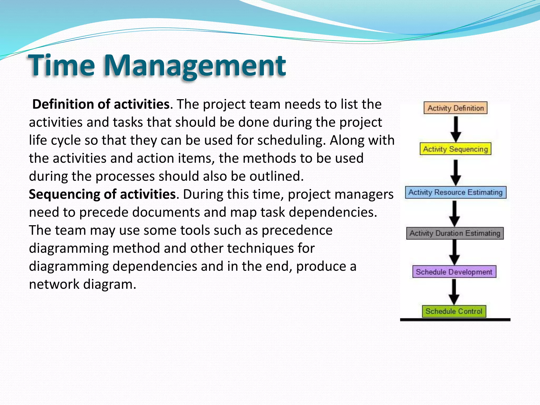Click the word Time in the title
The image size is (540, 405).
click(61, 65)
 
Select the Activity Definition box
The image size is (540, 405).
click(455, 108)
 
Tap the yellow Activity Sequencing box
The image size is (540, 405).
click(455, 149)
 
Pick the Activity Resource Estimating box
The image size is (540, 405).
click(455, 192)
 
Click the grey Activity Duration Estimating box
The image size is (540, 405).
click(455, 233)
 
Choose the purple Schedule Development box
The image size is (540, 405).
click(454, 272)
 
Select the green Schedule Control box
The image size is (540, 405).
click(454, 311)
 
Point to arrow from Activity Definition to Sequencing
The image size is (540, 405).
click(456, 129)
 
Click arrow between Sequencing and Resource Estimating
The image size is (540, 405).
click(456, 172)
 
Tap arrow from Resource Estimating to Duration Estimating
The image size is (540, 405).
click(455, 213)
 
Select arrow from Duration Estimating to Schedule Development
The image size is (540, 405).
click(455, 252)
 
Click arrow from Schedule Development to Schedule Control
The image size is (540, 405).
click(454, 292)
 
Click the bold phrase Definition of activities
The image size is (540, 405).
click(101, 104)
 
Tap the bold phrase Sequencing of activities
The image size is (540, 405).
click(102, 194)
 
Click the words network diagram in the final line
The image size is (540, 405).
click(82, 284)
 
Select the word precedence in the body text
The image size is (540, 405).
click(297, 230)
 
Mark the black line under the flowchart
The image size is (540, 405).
click(455, 320)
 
